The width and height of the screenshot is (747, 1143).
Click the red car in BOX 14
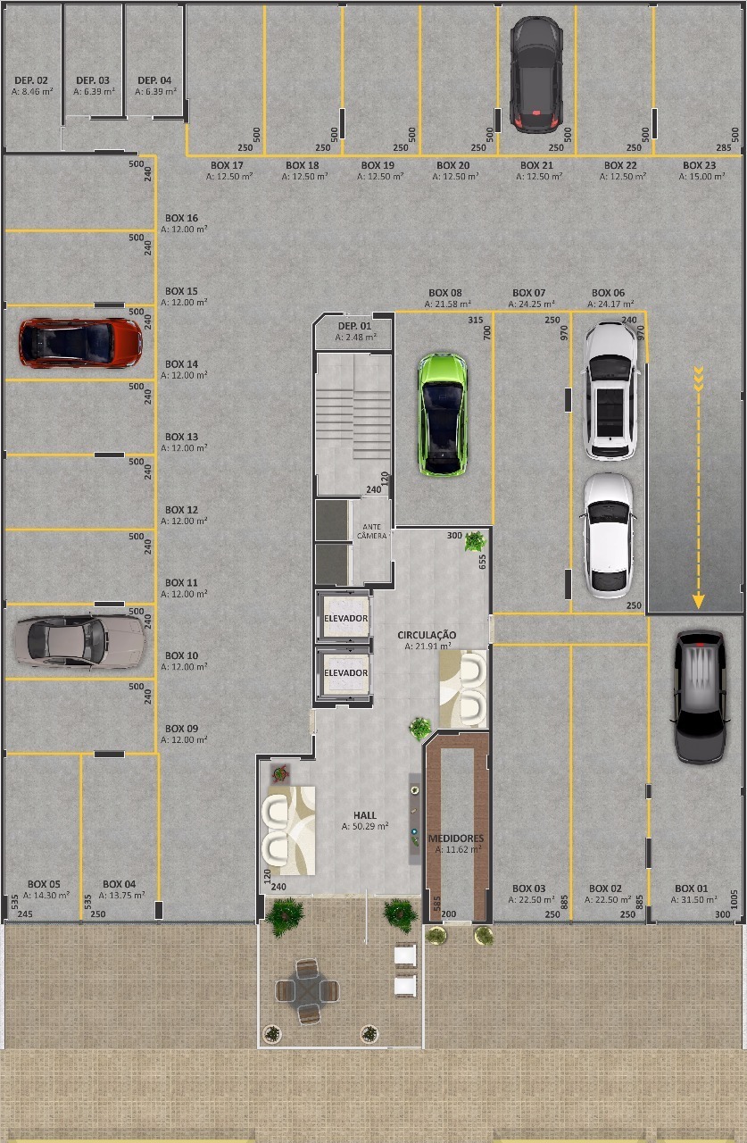pos(80,343)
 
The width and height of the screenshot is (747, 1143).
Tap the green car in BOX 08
pos(442,414)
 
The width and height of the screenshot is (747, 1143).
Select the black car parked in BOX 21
pos(535,74)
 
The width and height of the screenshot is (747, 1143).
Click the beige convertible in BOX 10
pos(80,641)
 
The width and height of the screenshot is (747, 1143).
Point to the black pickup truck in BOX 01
pos(700,697)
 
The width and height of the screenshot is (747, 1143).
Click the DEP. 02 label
pos(31,80)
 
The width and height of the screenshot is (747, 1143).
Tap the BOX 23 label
pos(699,165)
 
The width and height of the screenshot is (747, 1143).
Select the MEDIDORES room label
pos(455,838)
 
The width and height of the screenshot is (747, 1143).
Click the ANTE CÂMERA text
pos(372,531)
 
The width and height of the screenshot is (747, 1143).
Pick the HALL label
pos(365,815)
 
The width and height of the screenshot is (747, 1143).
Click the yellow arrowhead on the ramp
pos(698,601)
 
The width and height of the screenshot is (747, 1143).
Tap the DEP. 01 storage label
pos(355,326)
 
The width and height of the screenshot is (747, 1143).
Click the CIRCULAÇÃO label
pos(427,635)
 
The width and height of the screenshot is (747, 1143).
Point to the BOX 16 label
pos(181,218)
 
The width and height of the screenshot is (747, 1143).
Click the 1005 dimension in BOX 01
pos(735,899)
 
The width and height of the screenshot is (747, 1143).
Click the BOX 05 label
pos(44,884)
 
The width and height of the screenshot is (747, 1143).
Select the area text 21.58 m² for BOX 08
pos(448,305)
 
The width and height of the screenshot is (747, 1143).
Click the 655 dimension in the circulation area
pos(482,562)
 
